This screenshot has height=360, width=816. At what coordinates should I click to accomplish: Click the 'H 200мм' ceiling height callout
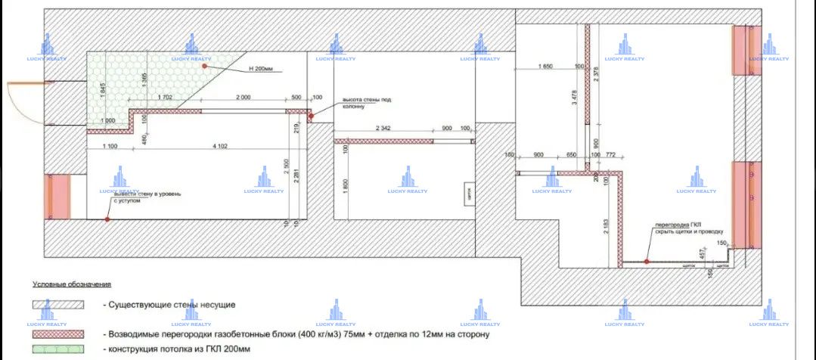click(x=259, y=69)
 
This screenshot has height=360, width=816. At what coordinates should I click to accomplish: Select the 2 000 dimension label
click(x=243, y=98)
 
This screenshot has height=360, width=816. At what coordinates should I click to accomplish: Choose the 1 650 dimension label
click(x=546, y=67)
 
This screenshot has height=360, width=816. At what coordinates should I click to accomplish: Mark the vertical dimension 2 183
click(x=607, y=228)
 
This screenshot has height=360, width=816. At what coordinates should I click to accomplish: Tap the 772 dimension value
click(x=611, y=155)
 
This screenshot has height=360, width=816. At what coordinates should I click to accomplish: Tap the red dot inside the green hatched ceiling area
click(x=204, y=67)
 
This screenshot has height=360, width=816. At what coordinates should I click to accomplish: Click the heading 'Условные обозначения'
click(x=71, y=284)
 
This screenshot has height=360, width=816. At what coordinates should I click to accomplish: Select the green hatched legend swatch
click(x=57, y=349)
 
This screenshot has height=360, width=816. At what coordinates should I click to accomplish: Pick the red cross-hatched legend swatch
click(x=57, y=334)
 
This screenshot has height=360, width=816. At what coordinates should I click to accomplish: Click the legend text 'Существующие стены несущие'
click(x=169, y=305)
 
